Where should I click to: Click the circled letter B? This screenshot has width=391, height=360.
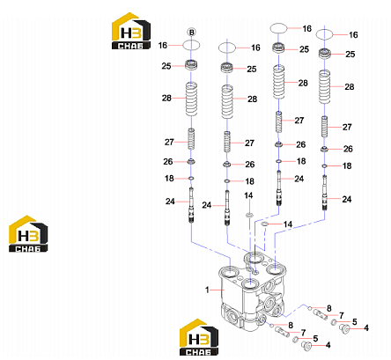[x=191, y=33]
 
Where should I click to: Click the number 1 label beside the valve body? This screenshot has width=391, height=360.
[x=207, y=290]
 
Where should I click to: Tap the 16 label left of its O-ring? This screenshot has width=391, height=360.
[x=163, y=45]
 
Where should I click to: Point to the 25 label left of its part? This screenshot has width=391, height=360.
[x=166, y=66]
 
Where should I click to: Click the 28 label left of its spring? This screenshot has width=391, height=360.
[x=166, y=98]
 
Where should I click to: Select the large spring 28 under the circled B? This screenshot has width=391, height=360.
[x=191, y=99]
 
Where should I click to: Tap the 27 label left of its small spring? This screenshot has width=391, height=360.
[x=169, y=142]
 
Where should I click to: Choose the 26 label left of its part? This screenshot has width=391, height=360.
[x=168, y=161]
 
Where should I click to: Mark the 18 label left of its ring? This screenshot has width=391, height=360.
[x=169, y=178]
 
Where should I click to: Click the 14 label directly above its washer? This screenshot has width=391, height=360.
[x=248, y=195]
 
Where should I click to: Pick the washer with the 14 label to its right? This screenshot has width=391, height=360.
[x=264, y=224]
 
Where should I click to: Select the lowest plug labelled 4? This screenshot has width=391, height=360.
[x=306, y=346]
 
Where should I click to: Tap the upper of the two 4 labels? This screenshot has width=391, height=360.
[x=366, y=327]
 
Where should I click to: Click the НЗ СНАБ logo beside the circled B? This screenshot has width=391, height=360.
[x=131, y=31]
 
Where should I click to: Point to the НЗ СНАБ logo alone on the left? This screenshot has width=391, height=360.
[x=28, y=234]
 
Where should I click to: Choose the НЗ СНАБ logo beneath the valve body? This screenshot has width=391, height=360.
[x=199, y=337]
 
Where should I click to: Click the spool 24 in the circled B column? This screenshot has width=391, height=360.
[x=191, y=205]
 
